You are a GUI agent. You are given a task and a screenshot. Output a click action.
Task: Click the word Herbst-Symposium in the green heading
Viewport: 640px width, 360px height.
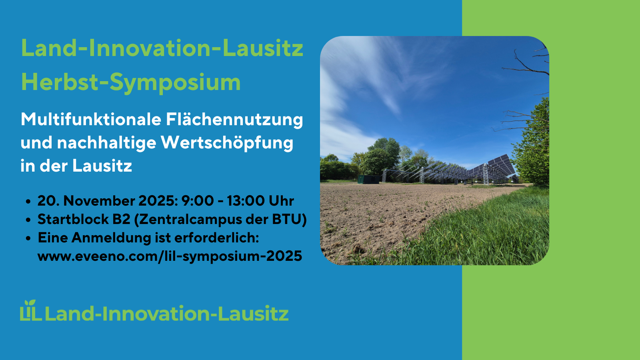(x=131, y=82)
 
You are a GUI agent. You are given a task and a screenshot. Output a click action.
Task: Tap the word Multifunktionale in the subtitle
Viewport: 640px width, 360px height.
(x=91, y=120)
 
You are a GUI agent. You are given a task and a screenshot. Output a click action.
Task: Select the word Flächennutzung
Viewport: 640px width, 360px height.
(x=234, y=120)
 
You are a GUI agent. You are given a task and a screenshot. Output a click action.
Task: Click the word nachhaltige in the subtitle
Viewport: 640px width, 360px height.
(x=106, y=143)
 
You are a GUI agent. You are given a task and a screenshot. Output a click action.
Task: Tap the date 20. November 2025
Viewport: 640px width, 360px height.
(x=106, y=200)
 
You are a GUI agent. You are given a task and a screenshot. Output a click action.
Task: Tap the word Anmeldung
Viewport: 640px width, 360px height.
(x=111, y=238)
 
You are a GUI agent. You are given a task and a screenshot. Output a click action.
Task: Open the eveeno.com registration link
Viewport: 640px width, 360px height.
(x=170, y=256)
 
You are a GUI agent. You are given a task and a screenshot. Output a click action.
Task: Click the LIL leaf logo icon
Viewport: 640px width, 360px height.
(x=31, y=310)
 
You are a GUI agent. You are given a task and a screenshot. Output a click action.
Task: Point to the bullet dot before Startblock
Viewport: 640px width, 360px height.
(x=28, y=220)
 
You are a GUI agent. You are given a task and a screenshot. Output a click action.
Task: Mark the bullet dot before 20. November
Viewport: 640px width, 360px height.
(x=28, y=202)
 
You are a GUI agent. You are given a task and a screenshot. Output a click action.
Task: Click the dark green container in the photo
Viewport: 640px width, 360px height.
(x=368, y=179)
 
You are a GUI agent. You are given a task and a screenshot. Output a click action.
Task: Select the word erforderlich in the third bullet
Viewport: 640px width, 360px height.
(x=216, y=238)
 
